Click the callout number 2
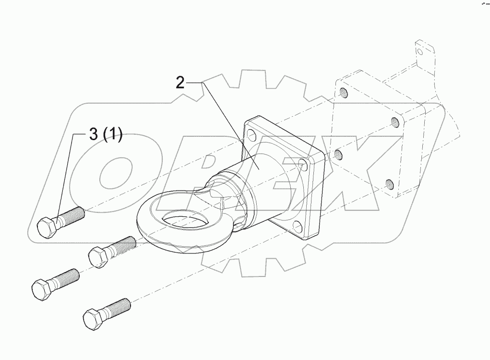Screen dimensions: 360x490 (179, 83)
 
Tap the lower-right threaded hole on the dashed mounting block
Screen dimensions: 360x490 (389, 183)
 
